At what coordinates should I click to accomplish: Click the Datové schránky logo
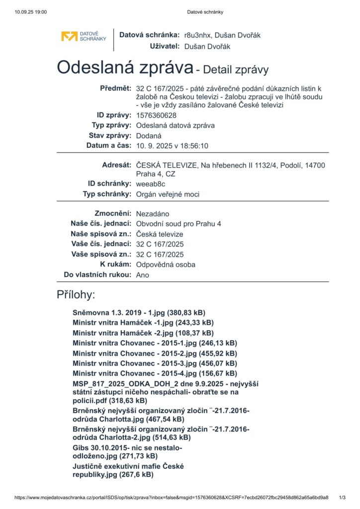pyautogui.click(x=84, y=36)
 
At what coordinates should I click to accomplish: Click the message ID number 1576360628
pyautogui.click(x=156, y=115)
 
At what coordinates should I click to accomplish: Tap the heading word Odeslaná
pyautogui.click(x=124, y=67)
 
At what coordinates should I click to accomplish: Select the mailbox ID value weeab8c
pyautogui.click(x=151, y=184)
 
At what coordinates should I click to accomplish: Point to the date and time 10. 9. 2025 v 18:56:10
pyautogui.click(x=172, y=146)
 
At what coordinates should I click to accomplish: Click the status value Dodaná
pyautogui.click(x=149, y=136)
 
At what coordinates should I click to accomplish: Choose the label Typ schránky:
pyautogui.click(x=107, y=194)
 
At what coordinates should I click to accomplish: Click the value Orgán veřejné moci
pyautogui.click(x=168, y=194)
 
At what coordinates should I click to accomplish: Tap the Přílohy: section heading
pyautogui.click(x=76, y=295)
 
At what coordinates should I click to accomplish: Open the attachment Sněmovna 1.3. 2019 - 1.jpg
pyautogui.click(x=139, y=313)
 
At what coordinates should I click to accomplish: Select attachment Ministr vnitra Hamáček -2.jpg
pyautogui.click(x=143, y=333)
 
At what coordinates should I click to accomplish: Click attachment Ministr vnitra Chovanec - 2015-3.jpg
pyautogui.click(x=155, y=363)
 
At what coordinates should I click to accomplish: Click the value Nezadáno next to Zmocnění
pyautogui.click(x=153, y=214)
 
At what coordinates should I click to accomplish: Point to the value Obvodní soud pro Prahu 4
pyautogui.click(x=179, y=224)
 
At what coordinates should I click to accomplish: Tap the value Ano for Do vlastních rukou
pyautogui.click(x=142, y=275)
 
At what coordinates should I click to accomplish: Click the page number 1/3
pyautogui.click(x=342, y=498)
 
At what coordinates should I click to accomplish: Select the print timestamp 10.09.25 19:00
pyautogui.click(x=31, y=12)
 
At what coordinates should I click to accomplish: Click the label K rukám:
pyautogui.click(x=116, y=264)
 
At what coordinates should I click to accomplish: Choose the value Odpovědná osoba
pyautogui.click(x=166, y=264)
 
